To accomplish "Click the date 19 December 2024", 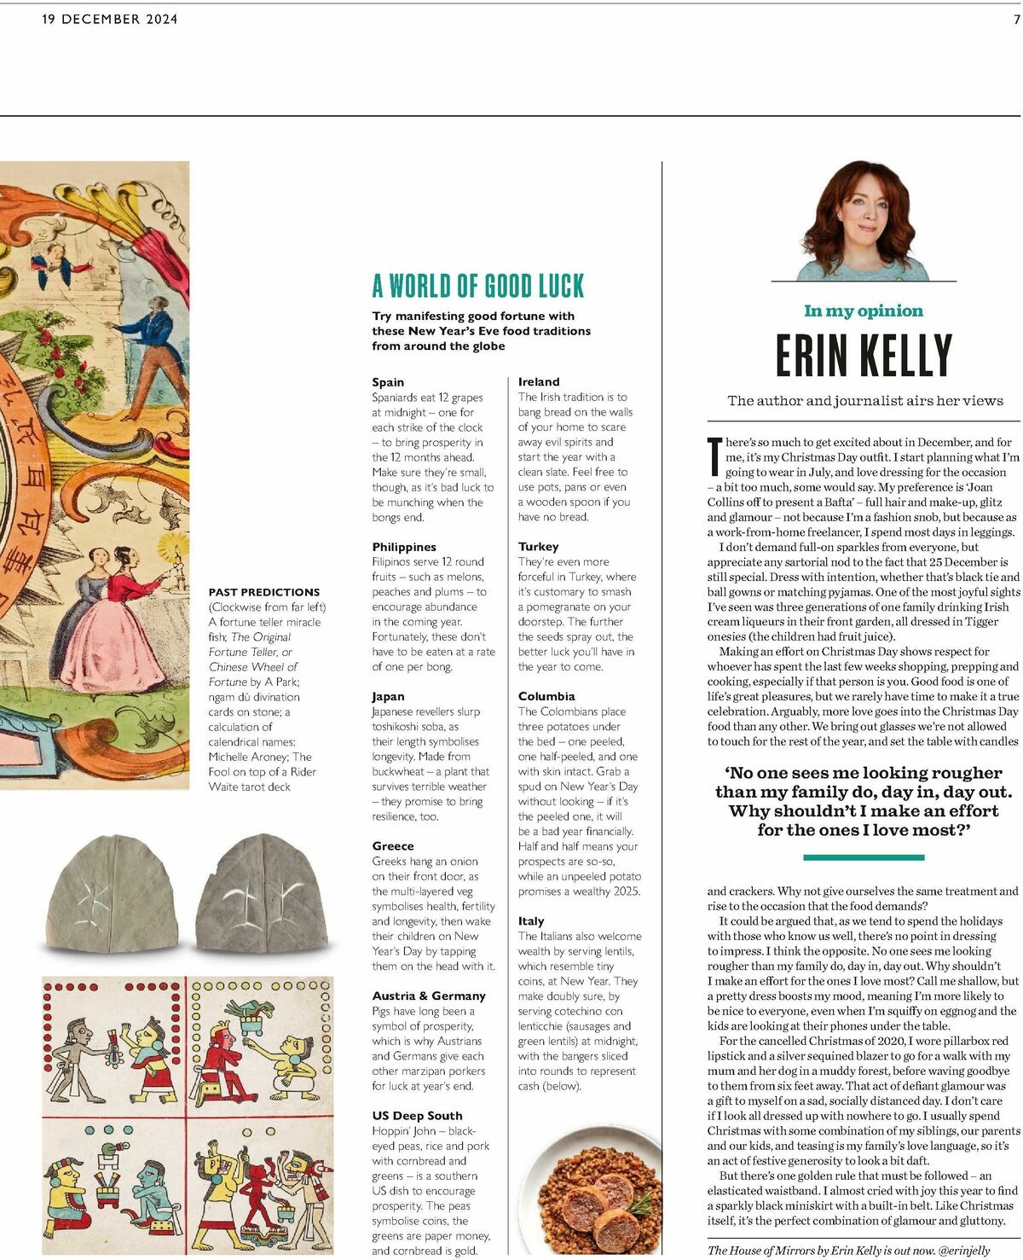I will [110, 19].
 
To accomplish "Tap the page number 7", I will [1016, 19].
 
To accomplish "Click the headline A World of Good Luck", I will [478, 286].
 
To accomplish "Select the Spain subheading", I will [388, 382].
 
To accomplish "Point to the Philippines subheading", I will [404, 547].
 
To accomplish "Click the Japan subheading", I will [388, 696].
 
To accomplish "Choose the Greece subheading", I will [393, 846].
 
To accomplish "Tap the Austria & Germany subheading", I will [429, 996].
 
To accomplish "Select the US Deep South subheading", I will [417, 1116].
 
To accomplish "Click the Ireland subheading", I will [539, 382].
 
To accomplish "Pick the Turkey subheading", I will [538, 547].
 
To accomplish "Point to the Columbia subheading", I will [546, 696].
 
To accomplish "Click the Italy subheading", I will [531, 921].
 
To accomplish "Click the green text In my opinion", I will [864, 311].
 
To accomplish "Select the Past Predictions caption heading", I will [264, 592].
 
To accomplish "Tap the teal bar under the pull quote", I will [864, 856].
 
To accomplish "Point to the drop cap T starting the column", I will [714, 456].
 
